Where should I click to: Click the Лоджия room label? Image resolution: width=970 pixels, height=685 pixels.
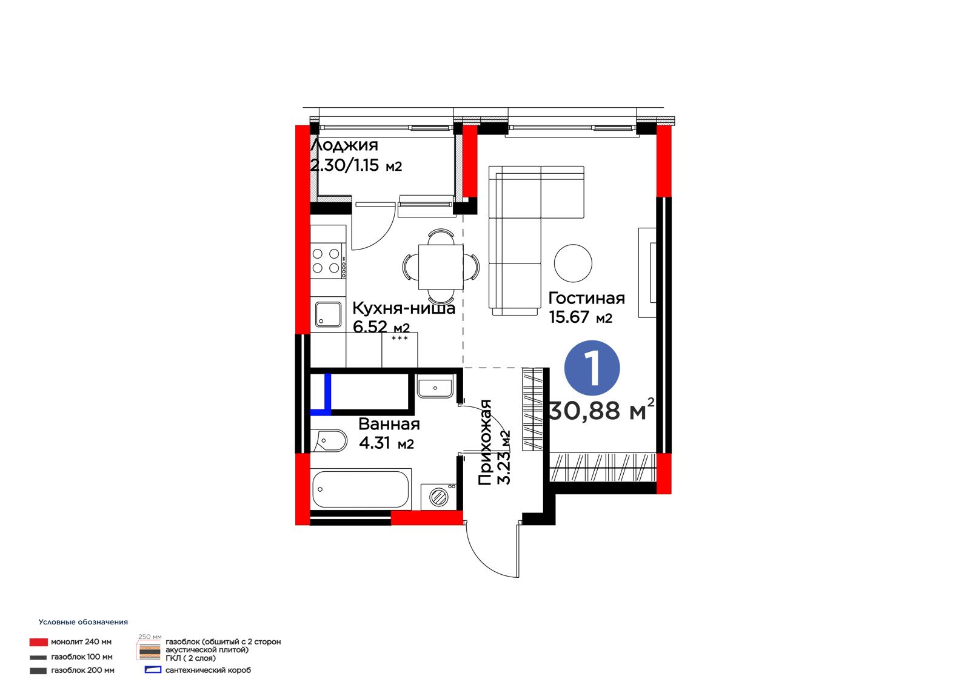(x=344, y=145)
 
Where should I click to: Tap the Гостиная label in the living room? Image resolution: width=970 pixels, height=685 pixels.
(x=586, y=298)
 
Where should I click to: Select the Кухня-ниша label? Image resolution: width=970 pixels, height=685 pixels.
(x=404, y=308)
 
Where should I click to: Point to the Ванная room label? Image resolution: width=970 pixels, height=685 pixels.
(x=389, y=424)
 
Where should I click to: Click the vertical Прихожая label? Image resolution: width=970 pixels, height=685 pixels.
(x=484, y=442)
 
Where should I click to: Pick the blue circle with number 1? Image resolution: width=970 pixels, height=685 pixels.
(x=592, y=368)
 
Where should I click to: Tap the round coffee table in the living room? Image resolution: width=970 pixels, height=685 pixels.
(x=573, y=263)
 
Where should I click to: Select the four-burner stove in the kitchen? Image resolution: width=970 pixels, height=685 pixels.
(x=328, y=261)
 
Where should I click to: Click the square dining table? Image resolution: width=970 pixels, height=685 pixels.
(x=441, y=267)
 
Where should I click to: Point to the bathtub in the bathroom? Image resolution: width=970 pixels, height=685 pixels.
(x=361, y=489)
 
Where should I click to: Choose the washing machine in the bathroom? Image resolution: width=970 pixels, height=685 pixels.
(x=438, y=496)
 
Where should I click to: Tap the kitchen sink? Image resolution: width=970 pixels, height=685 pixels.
(x=328, y=314)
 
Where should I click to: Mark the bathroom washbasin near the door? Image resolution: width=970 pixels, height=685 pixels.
(x=435, y=386)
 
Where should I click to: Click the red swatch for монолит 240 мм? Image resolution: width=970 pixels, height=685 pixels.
(x=39, y=642)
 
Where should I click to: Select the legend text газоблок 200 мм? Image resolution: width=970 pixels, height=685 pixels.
(x=82, y=670)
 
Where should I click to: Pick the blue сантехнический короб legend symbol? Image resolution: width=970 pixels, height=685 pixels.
(x=153, y=670)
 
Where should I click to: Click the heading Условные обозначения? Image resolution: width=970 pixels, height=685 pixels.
(x=83, y=622)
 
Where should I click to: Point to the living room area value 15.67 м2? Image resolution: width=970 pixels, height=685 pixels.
(x=580, y=317)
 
